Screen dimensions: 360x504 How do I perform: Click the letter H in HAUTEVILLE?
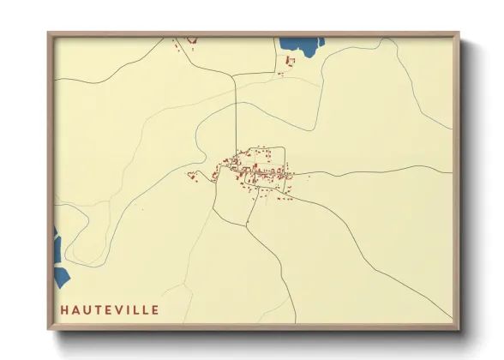(x=63, y=309)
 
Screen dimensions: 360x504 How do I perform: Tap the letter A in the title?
(x=75, y=309)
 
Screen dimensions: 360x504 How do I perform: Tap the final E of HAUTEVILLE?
(x=155, y=309)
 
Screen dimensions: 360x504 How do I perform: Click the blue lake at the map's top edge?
(x=299, y=46)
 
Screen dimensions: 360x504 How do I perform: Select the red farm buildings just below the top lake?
(x=289, y=62)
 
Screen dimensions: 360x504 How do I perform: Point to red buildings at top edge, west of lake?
(x=184, y=41)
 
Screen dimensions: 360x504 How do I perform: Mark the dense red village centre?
(x=253, y=167)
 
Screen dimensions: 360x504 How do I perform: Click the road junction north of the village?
(x=236, y=75)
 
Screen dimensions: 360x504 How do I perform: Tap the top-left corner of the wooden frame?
(x=49, y=33)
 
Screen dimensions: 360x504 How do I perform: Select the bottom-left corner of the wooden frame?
(x=49, y=328)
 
